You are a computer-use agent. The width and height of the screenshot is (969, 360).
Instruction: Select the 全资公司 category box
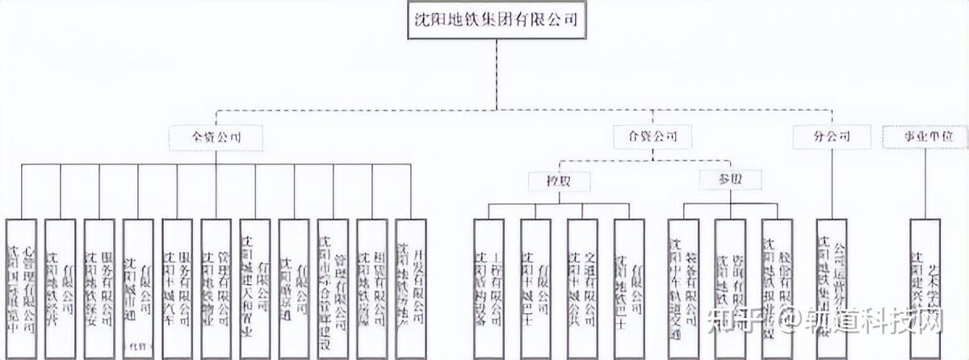pos(216,136)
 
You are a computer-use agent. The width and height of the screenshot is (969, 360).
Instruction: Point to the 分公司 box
pos(832,136)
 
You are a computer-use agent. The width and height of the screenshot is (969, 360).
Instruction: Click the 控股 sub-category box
pos(559,181)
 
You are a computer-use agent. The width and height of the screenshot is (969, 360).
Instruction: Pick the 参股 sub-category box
pos(729,181)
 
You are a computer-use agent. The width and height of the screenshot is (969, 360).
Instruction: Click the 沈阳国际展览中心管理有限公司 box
pos(21,287)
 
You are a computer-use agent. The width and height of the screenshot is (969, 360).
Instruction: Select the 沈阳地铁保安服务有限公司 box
pos(99,287)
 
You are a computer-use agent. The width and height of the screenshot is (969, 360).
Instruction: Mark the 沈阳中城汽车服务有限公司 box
pos(178,287)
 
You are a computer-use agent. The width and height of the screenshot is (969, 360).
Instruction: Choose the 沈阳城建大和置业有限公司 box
pos(255,287)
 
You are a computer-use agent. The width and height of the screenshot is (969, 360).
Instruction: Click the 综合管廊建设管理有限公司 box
pos(333,287)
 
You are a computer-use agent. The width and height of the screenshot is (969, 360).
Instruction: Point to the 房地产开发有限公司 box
pos(411,287)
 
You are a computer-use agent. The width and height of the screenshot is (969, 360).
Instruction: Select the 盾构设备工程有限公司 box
pos(489,287)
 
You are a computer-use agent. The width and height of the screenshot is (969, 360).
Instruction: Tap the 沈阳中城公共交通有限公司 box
pos(582,287)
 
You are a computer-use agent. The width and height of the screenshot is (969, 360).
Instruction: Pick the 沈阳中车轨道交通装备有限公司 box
pos(683,287)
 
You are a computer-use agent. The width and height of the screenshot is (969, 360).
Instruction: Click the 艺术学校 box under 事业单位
pos(925,287)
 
